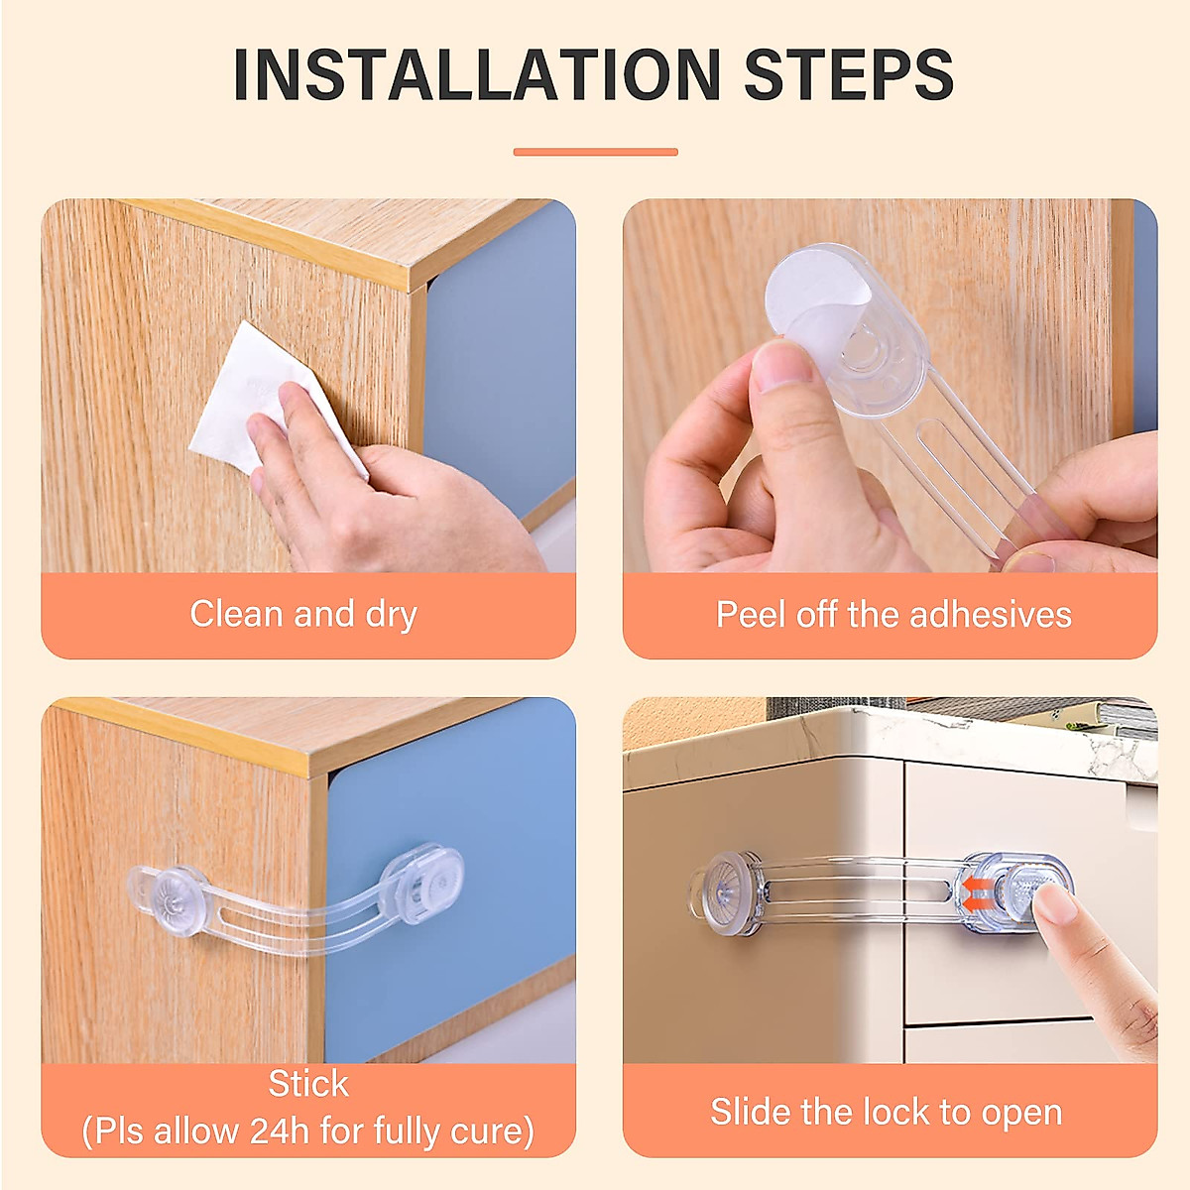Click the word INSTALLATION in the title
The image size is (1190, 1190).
pyautogui.click(x=476, y=74)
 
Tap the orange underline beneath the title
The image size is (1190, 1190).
pyautogui.click(x=595, y=152)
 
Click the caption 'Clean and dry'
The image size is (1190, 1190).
pyautogui.click(x=303, y=614)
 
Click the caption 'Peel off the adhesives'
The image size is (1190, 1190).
pyautogui.click(x=893, y=614)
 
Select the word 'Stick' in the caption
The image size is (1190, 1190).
pyautogui.click(x=308, y=1084)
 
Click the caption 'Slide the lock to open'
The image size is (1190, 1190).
pyautogui.click(x=886, y=1112)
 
